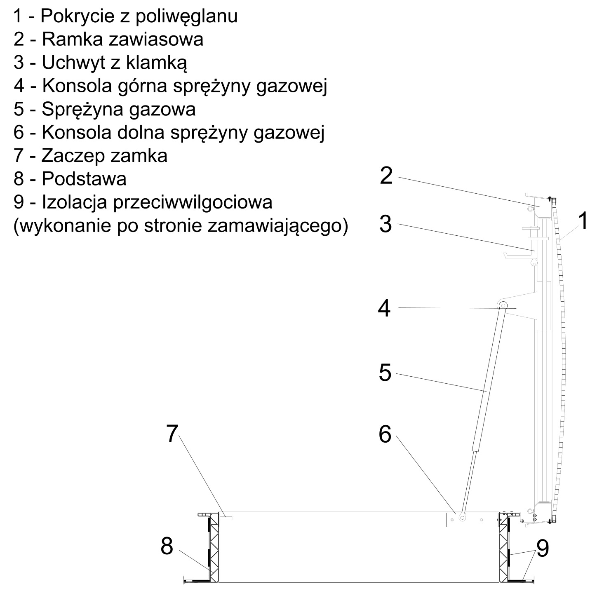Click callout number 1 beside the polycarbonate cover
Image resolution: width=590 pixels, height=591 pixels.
(x=582, y=220)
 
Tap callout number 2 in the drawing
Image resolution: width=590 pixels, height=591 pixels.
(x=386, y=176)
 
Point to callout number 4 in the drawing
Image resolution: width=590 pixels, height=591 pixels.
(x=384, y=308)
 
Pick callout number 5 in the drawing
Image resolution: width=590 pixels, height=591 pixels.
(x=385, y=373)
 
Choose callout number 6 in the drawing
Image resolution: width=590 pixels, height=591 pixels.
(x=385, y=434)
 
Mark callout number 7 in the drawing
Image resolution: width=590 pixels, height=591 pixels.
(x=172, y=434)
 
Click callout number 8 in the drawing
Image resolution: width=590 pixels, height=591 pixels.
(x=167, y=546)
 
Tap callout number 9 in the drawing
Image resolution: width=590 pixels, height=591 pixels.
(x=543, y=549)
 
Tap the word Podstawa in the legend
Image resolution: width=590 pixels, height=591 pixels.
(x=84, y=179)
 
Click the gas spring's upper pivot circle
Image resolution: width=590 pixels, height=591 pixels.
(x=503, y=305)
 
